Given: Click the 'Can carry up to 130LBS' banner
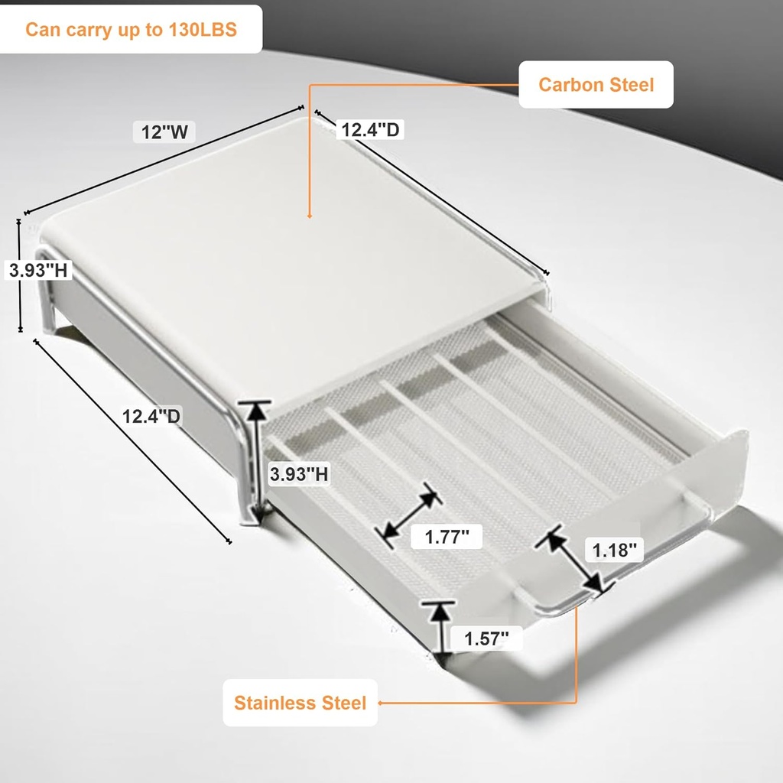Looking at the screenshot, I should click(131, 30).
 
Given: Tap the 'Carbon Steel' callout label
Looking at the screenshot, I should click(596, 84).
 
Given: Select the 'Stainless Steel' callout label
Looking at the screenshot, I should click(300, 702).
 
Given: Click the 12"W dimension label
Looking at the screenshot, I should click(164, 132).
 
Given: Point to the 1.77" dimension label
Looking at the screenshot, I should click(447, 536).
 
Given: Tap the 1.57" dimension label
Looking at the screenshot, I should click(486, 637).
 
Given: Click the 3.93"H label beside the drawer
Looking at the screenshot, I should click(300, 474).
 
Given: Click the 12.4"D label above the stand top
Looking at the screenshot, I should click(370, 130).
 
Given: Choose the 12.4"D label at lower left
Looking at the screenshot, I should click(151, 416).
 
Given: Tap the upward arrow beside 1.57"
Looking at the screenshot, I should click(438, 627).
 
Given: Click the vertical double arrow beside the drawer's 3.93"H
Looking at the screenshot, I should click(257, 460).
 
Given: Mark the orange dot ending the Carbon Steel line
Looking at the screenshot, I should click(309, 218).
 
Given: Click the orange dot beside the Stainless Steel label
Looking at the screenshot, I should click(380, 702).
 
